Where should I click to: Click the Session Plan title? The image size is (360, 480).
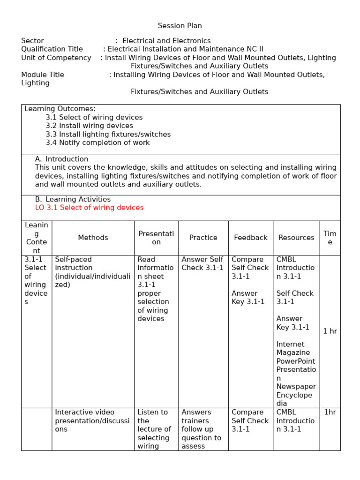[x=180, y=26]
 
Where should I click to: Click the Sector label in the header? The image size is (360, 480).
[x=32, y=41]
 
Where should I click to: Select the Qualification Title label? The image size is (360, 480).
[x=52, y=49]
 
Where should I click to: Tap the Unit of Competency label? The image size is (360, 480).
[x=56, y=58]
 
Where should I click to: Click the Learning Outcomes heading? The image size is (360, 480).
[x=60, y=109]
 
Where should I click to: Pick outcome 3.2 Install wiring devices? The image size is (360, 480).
[x=89, y=126]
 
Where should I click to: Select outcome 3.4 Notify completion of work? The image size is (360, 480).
[x=97, y=142]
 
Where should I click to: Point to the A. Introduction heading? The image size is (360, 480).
[x=61, y=159]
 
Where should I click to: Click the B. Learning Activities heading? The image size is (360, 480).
[x=73, y=199]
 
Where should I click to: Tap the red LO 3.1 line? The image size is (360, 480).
[x=89, y=208]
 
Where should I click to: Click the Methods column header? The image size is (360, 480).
[x=93, y=238]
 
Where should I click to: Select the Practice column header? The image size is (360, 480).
[x=203, y=238]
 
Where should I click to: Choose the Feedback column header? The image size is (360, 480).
[x=250, y=238]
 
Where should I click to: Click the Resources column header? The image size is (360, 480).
[x=296, y=238]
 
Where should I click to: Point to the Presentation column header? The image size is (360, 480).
[x=156, y=238]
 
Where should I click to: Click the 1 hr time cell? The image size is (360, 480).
[x=330, y=331]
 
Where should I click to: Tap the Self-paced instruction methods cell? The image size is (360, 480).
[x=92, y=272]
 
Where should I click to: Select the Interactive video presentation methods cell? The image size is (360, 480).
[x=92, y=420]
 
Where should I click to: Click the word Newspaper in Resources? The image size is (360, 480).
[x=296, y=387]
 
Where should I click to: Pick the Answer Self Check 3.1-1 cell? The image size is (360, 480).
[x=202, y=263]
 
